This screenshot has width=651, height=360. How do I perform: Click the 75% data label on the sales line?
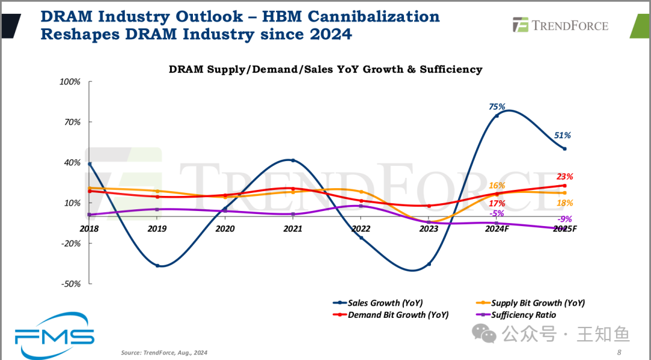[x=497, y=107]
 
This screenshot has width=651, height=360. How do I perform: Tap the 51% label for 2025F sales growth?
[x=563, y=136]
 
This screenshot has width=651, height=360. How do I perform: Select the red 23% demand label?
[x=565, y=177]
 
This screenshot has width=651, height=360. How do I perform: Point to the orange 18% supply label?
[x=565, y=203]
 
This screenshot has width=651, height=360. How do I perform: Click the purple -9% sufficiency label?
[x=565, y=219]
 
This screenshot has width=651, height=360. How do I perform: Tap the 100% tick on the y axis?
[x=70, y=81]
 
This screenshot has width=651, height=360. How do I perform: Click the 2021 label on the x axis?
[x=293, y=229]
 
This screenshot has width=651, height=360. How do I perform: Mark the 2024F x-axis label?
[x=497, y=229]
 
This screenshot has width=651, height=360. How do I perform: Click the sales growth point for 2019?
[x=157, y=265]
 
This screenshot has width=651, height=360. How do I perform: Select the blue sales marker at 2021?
[x=293, y=160]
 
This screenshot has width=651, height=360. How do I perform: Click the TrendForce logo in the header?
[x=561, y=25]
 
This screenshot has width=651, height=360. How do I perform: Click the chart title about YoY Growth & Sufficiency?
[x=325, y=69]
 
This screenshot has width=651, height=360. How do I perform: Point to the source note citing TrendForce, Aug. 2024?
[x=164, y=353]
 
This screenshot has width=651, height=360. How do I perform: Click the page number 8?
[x=618, y=353]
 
